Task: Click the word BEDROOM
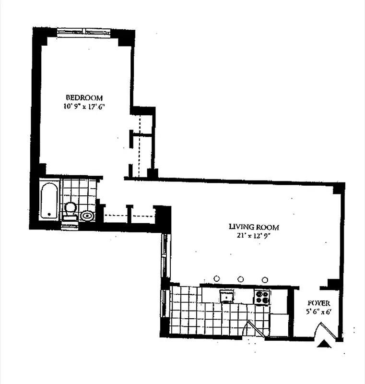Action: tap(84, 97)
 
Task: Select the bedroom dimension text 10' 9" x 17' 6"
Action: tap(84, 106)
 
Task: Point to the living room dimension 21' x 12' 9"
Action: tap(254, 236)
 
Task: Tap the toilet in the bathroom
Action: tap(71, 210)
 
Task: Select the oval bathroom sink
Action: tap(87, 216)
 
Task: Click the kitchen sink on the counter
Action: tap(226, 296)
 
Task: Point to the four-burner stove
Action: tap(262, 297)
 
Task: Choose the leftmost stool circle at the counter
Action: tap(217, 278)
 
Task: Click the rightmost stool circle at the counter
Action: tap(265, 279)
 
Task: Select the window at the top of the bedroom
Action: tap(84, 32)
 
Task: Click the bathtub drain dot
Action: tap(49, 213)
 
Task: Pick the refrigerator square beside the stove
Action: tap(278, 324)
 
